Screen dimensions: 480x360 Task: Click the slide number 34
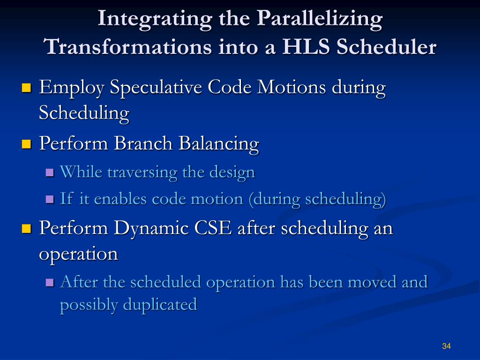[x=446, y=346]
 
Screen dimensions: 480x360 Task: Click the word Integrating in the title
[x=155, y=19]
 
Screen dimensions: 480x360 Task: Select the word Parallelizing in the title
[x=320, y=19]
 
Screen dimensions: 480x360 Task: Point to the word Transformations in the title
[x=127, y=47]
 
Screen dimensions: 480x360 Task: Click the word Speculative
[x=156, y=88]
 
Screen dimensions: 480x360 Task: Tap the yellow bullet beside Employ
[x=27, y=88]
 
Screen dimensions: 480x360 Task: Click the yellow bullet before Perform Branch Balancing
[x=27, y=144]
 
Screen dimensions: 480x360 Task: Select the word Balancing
[x=219, y=143]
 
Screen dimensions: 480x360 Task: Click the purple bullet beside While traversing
[x=50, y=172]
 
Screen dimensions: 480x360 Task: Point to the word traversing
[x=142, y=172]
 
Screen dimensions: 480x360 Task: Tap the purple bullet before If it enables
[x=50, y=200]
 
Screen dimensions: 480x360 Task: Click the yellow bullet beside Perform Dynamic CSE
[x=27, y=229]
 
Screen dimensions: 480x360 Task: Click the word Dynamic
[x=150, y=229]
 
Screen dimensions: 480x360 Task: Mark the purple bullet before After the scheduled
[x=50, y=282]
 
